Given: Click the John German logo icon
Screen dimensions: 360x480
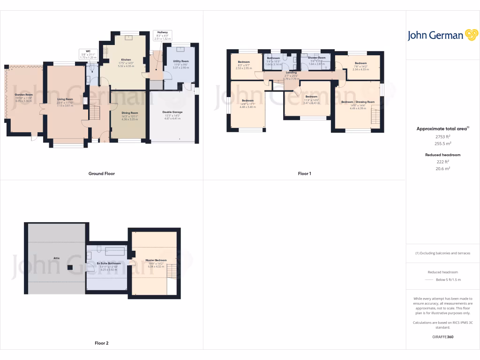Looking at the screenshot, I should point(471,35).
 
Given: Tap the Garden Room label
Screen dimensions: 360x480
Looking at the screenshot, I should point(23,94).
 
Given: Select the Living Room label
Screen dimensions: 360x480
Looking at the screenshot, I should point(65,99).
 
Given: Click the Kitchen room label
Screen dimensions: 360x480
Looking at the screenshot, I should point(126,60).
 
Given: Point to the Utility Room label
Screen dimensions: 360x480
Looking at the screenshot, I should point(180,61).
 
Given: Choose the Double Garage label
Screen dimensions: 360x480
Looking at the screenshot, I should point(172,112).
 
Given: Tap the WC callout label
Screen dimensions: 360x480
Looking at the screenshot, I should point(87,51).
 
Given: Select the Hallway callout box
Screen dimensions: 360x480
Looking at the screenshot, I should point(162,35).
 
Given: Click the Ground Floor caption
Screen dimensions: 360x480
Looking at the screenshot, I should point(101,173).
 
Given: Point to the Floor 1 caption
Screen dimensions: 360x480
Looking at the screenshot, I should point(304,173).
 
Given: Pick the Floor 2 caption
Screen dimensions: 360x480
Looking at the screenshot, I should point(101,343).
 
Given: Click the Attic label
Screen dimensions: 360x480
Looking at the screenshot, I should point(57,258).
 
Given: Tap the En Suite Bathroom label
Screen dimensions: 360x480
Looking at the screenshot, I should point(109,263).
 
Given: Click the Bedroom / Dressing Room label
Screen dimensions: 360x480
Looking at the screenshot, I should point(358,102).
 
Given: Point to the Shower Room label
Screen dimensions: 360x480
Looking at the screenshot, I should point(317,58).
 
